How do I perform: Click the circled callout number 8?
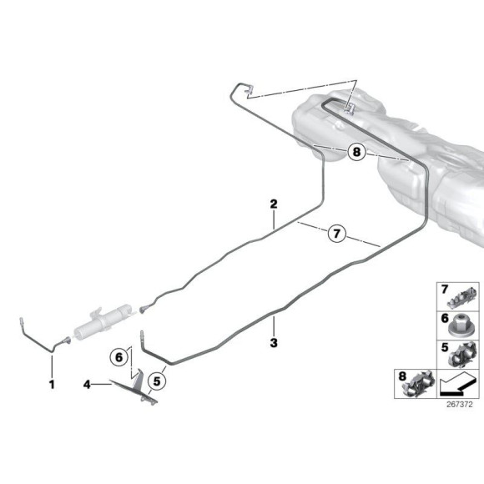pos(356,152)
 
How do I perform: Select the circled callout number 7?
pos(336,233)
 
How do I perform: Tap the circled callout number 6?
pos(118,357)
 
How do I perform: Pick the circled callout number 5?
pos(157,381)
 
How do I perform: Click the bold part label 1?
pos(52,385)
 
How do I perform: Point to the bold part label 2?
pos(274,204)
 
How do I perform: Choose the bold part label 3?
pos(274,343)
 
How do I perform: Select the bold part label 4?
pos(87,385)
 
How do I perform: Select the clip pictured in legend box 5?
pos(462,355)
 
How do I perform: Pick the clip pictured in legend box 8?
pos(417,384)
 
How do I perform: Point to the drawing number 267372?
pos(459,405)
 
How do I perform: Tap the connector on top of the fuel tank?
pos(350,108)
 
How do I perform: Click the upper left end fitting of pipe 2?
pos(250,89)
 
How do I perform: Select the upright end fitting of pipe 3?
pos(142,335)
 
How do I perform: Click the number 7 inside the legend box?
pos(445,290)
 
